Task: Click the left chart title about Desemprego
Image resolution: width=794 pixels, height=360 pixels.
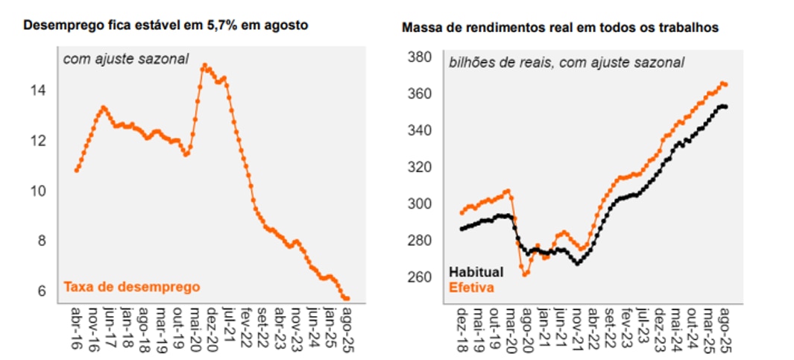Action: point(166,25)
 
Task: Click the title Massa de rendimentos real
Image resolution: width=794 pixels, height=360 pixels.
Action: point(560,28)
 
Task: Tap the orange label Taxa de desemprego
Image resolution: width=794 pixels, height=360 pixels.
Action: point(133,286)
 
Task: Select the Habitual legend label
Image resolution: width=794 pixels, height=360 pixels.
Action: point(476,272)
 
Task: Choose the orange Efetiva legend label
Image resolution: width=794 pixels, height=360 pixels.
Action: point(471,286)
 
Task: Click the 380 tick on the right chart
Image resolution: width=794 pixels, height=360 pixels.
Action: point(421,57)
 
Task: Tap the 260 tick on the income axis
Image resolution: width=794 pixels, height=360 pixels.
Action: point(421,277)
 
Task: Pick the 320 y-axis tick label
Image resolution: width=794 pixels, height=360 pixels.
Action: point(421,167)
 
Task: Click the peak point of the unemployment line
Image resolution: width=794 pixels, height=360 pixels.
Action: point(204,66)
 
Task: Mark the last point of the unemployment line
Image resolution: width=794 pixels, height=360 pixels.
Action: point(347,299)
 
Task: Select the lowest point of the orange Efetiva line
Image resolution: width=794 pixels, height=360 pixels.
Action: point(525,275)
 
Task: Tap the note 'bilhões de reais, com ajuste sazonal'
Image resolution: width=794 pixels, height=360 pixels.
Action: point(566,63)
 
